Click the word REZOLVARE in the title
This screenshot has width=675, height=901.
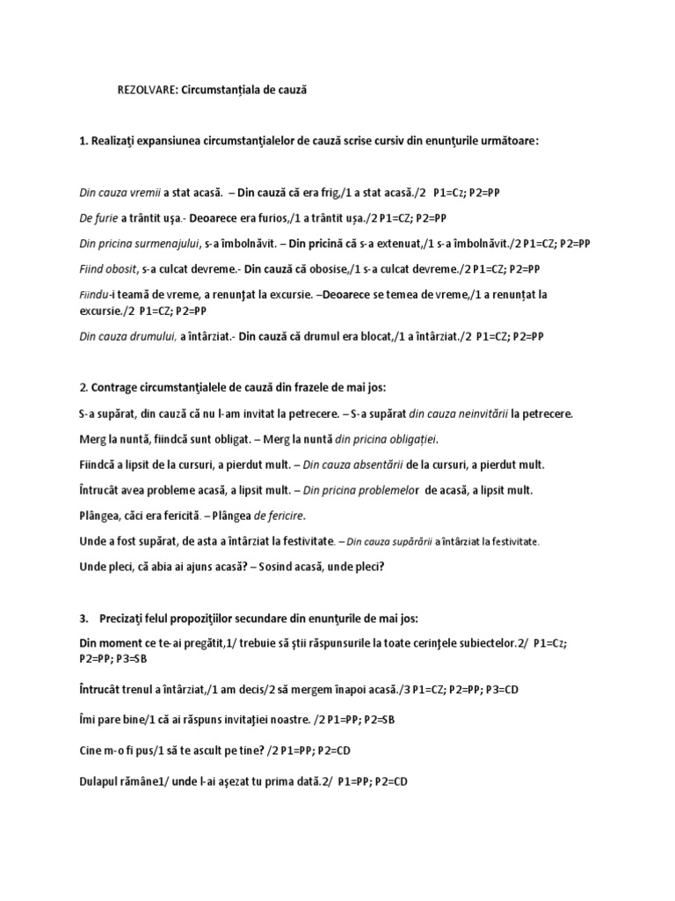click(147, 90)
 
